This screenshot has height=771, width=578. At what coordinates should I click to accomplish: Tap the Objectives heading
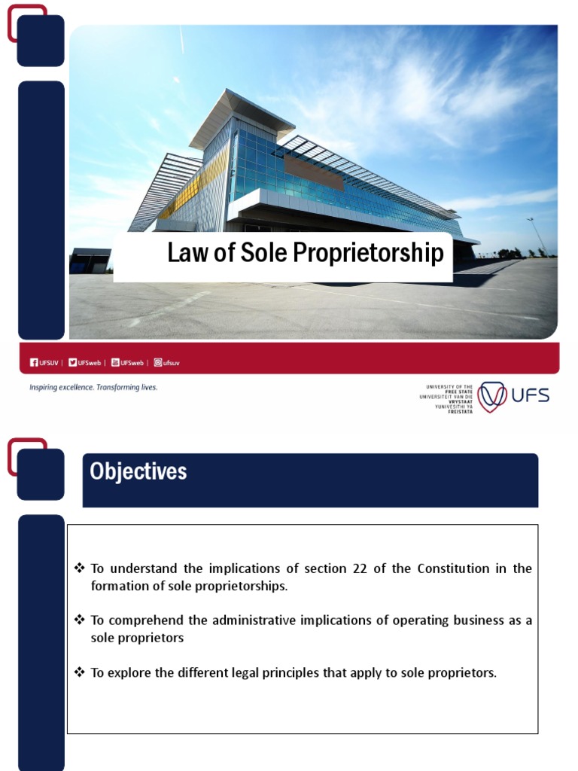tap(138, 472)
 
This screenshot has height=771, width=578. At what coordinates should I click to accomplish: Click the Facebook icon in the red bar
tap(34, 362)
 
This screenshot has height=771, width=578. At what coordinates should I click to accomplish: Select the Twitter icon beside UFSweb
tap(72, 362)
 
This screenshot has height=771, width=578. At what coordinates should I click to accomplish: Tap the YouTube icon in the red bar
tap(115, 362)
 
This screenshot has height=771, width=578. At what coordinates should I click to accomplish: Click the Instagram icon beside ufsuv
tap(158, 362)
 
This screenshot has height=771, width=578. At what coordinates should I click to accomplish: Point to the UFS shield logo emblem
tap(492, 397)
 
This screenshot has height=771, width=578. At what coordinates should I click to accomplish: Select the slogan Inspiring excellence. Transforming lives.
tap(93, 387)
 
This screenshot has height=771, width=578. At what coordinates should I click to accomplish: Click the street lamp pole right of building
tap(539, 235)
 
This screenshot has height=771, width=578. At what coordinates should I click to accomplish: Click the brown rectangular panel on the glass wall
tap(314, 172)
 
